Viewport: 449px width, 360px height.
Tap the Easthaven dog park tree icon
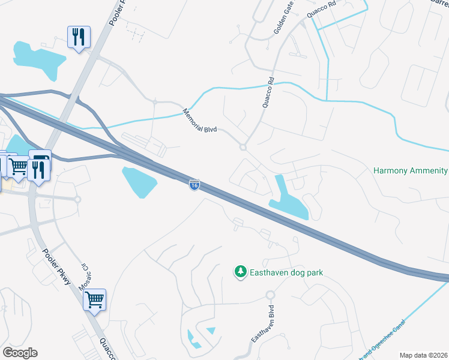click(240, 272)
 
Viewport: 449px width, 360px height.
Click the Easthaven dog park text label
click(286, 272)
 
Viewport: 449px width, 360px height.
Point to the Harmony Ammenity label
click(411, 171)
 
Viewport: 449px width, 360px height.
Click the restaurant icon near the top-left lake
click(79, 38)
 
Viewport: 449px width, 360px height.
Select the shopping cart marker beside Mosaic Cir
click(95, 299)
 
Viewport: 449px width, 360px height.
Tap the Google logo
click(19, 353)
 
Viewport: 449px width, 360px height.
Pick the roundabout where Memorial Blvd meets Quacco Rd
click(243, 147)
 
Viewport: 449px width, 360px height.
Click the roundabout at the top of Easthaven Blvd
click(270, 295)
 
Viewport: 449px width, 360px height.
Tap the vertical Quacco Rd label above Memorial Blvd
click(268, 92)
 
